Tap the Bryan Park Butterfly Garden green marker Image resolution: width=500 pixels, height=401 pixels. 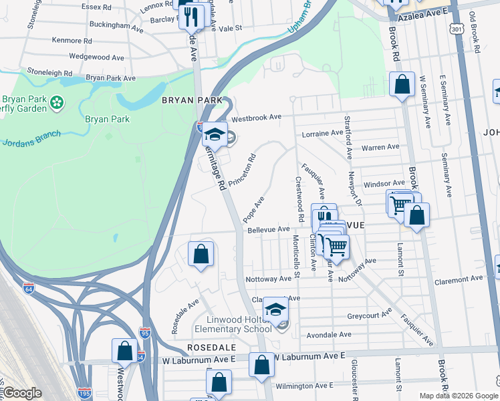click(x=57, y=102)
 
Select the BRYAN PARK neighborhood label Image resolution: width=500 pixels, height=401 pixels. click(x=186, y=100)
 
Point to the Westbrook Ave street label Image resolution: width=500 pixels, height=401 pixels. click(x=257, y=117)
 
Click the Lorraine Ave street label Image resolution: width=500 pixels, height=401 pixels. click(x=322, y=134)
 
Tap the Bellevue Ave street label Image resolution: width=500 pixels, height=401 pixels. click(x=269, y=229)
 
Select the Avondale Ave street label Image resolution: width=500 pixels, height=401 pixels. click(x=328, y=334)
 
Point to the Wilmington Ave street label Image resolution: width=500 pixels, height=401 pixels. click(x=305, y=386)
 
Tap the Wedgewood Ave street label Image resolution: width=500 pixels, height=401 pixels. click(x=96, y=57)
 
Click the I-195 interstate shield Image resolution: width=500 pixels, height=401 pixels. click(x=84, y=393)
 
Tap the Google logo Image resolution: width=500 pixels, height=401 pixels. click(x=22, y=393)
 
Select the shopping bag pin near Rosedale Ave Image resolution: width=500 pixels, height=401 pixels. click(x=201, y=254)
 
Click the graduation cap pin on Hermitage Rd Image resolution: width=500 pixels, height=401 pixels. click(x=215, y=134)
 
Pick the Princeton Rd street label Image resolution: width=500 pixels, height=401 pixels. click(x=242, y=171)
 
